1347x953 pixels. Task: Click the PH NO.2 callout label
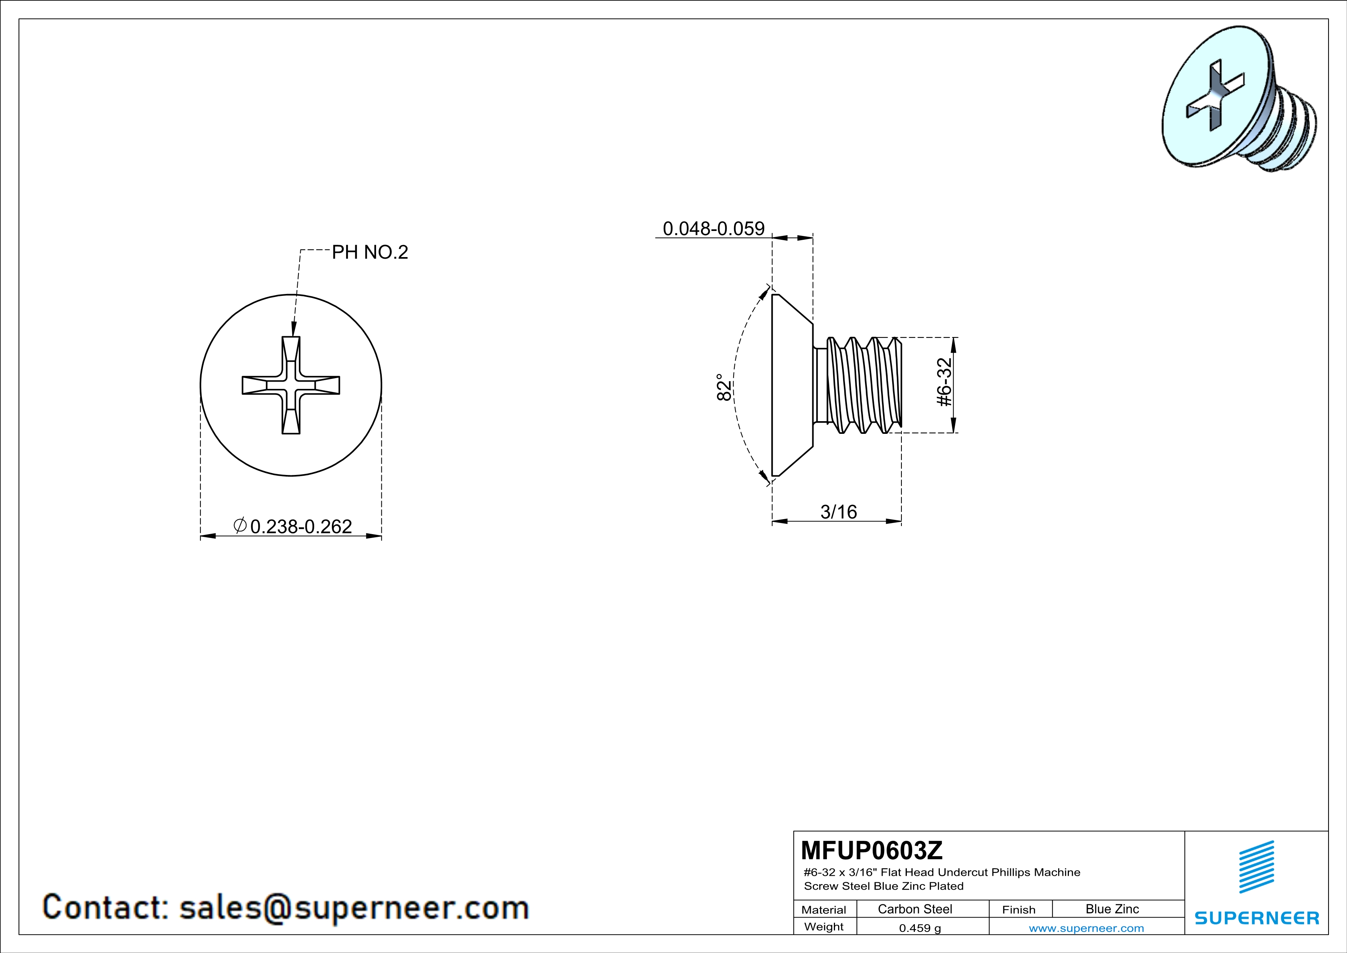[x=369, y=252]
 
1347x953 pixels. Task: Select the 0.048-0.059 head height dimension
[x=713, y=228]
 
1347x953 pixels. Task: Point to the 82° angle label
[x=724, y=387]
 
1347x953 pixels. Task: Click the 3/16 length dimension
[x=838, y=512]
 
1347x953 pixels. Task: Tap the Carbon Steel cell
[x=915, y=909]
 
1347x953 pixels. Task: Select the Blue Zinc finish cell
[x=1112, y=909]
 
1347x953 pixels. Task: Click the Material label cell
[x=824, y=910]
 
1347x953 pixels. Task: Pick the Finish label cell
[x=1019, y=910]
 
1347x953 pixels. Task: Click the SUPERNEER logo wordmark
[x=1257, y=918]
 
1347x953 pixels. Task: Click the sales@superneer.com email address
[x=354, y=907]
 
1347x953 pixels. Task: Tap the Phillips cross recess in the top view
[x=291, y=385]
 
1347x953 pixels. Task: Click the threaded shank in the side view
[x=862, y=385]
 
